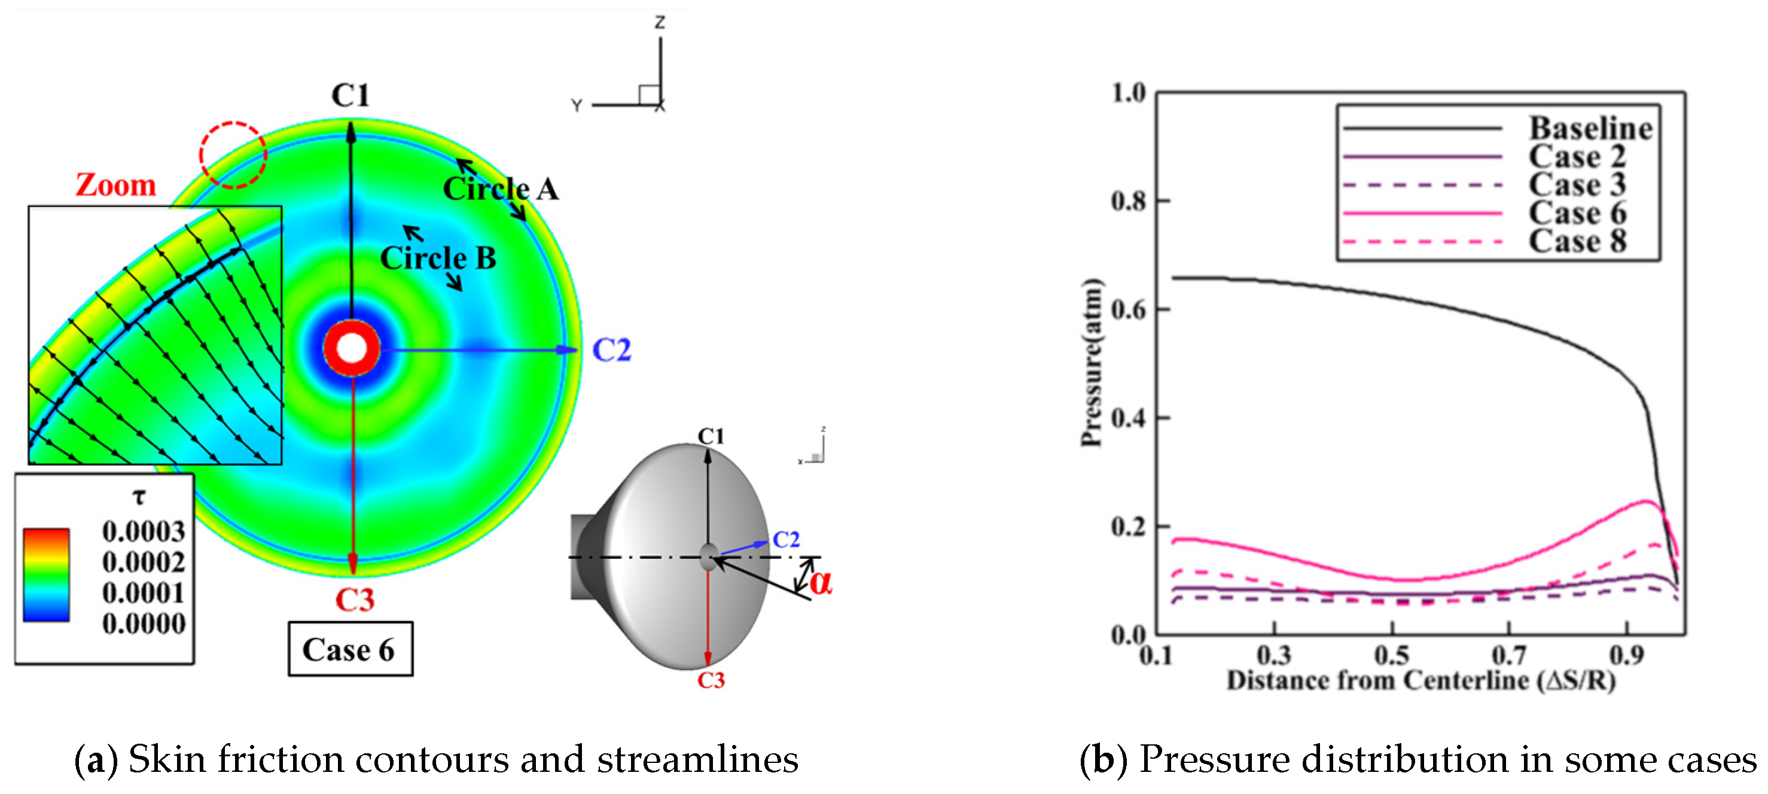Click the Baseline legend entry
click(x=1590, y=129)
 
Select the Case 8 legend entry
click(x=1577, y=242)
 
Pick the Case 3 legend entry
click(x=1577, y=185)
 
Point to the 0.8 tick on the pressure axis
click(x=1129, y=200)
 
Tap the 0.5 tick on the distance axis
click(x=1391, y=655)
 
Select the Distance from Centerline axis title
click(x=1421, y=681)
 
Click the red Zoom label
click(x=116, y=185)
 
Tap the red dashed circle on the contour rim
click(x=233, y=155)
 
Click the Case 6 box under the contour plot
click(x=350, y=649)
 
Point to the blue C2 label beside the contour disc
click(x=611, y=350)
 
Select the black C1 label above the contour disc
click(x=350, y=96)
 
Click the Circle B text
click(x=438, y=258)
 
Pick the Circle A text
click(x=501, y=189)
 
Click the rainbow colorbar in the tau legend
click(x=46, y=575)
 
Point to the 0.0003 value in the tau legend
click(x=144, y=531)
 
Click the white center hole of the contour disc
click(x=352, y=348)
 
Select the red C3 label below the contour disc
click(x=354, y=600)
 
